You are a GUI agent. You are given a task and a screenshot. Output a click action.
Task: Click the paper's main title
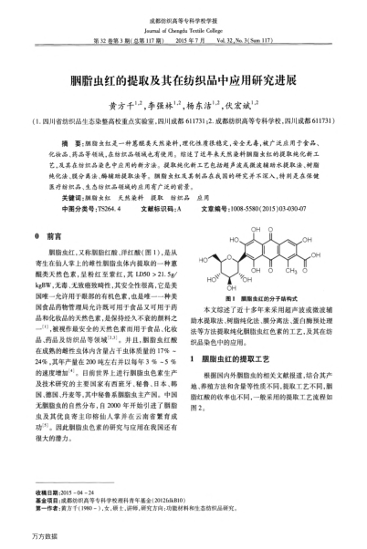pyautogui.click(x=183, y=79)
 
